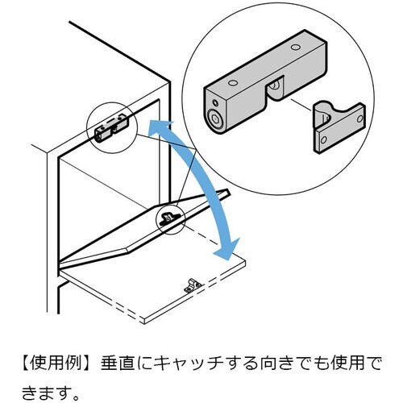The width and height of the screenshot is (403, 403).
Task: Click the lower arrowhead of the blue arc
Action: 227,249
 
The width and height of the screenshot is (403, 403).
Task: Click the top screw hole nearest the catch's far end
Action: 296,47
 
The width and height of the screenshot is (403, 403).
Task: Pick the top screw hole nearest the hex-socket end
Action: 233,82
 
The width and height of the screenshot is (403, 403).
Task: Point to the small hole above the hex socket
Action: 215,103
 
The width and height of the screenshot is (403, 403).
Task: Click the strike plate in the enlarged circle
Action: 339,127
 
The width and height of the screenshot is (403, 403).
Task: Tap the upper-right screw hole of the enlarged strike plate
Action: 359,118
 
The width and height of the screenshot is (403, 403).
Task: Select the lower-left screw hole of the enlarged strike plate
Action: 324,139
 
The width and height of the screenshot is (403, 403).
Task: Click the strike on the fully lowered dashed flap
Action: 193,286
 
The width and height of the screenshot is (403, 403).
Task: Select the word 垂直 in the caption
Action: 118,364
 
